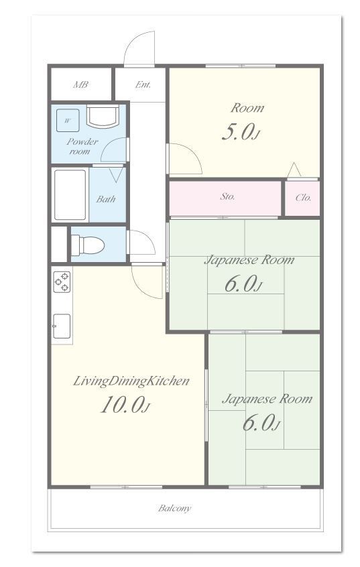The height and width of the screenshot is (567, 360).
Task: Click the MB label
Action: [80, 84]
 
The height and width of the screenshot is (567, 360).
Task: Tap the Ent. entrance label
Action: [143, 84]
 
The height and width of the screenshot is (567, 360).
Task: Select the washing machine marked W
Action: [68, 121]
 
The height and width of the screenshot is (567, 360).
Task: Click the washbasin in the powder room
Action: [103, 116]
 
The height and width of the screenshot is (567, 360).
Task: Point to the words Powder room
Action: [82, 146]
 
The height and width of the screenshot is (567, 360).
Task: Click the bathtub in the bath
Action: [70, 194]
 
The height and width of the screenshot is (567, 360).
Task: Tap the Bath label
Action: [106, 199]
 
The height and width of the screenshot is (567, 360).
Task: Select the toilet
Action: [88, 245]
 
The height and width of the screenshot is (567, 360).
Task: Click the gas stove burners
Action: [62, 281]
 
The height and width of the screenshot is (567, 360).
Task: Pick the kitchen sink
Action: [62, 326]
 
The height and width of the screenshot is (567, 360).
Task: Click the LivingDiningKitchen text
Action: [131, 381]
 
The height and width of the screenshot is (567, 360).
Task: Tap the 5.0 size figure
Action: [240, 132]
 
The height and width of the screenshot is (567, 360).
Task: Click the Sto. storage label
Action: [227, 197]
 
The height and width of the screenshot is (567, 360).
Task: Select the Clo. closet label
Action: [303, 198]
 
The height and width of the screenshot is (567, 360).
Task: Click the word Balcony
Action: [174, 509]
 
